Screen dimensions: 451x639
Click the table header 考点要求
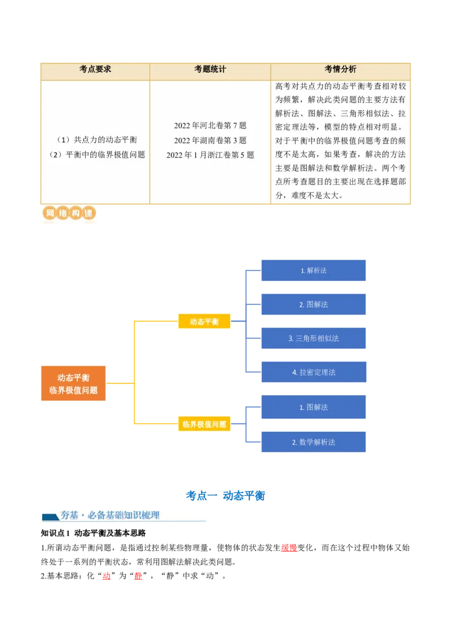pyautogui.click(x=95, y=69)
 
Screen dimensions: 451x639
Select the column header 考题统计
pyautogui.click(x=210, y=69)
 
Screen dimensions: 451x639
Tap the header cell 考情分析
pyautogui.click(x=341, y=69)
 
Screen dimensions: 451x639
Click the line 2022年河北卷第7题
pyautogui.click(x=210, y=125)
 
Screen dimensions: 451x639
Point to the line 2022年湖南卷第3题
pyautogui.click(x=210, y=141)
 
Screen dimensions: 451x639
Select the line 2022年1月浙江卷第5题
pyautogui.click(x=210, y=155)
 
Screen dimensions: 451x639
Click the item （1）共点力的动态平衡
pyautogui.click(x=97, y=140)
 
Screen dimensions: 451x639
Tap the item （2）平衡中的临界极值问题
pyautogui.click(x=97, y=155)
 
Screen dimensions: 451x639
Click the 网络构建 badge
pyautogui.click(x=69, y=213)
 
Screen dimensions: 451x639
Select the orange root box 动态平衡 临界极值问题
pyautogui.click(x=73, y=383)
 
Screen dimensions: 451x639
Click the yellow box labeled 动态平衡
pyautogui.click(x=204, y=322)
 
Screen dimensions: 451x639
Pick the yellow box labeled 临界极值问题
pyautogui.click(x=204, y=424)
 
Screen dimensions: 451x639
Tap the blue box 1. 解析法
pyautogui.click(x=313, y=270)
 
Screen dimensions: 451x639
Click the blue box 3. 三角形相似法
pyautogui.click(x=313, y=338)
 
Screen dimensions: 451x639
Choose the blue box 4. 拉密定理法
pyautogui.click(x=314, y=372)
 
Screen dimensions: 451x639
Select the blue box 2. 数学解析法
pyautogui.click(x=313, y=442)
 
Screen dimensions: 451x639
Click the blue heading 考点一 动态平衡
pyautogui.click(x=225, y=496)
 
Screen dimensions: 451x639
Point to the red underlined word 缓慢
pyautogui.click(x=289, y=548)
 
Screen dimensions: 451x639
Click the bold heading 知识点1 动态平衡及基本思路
pyautogui.click(x=93, y=533)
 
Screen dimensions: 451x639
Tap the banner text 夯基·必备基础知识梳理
pyautogui.click(x=110, y=515)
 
